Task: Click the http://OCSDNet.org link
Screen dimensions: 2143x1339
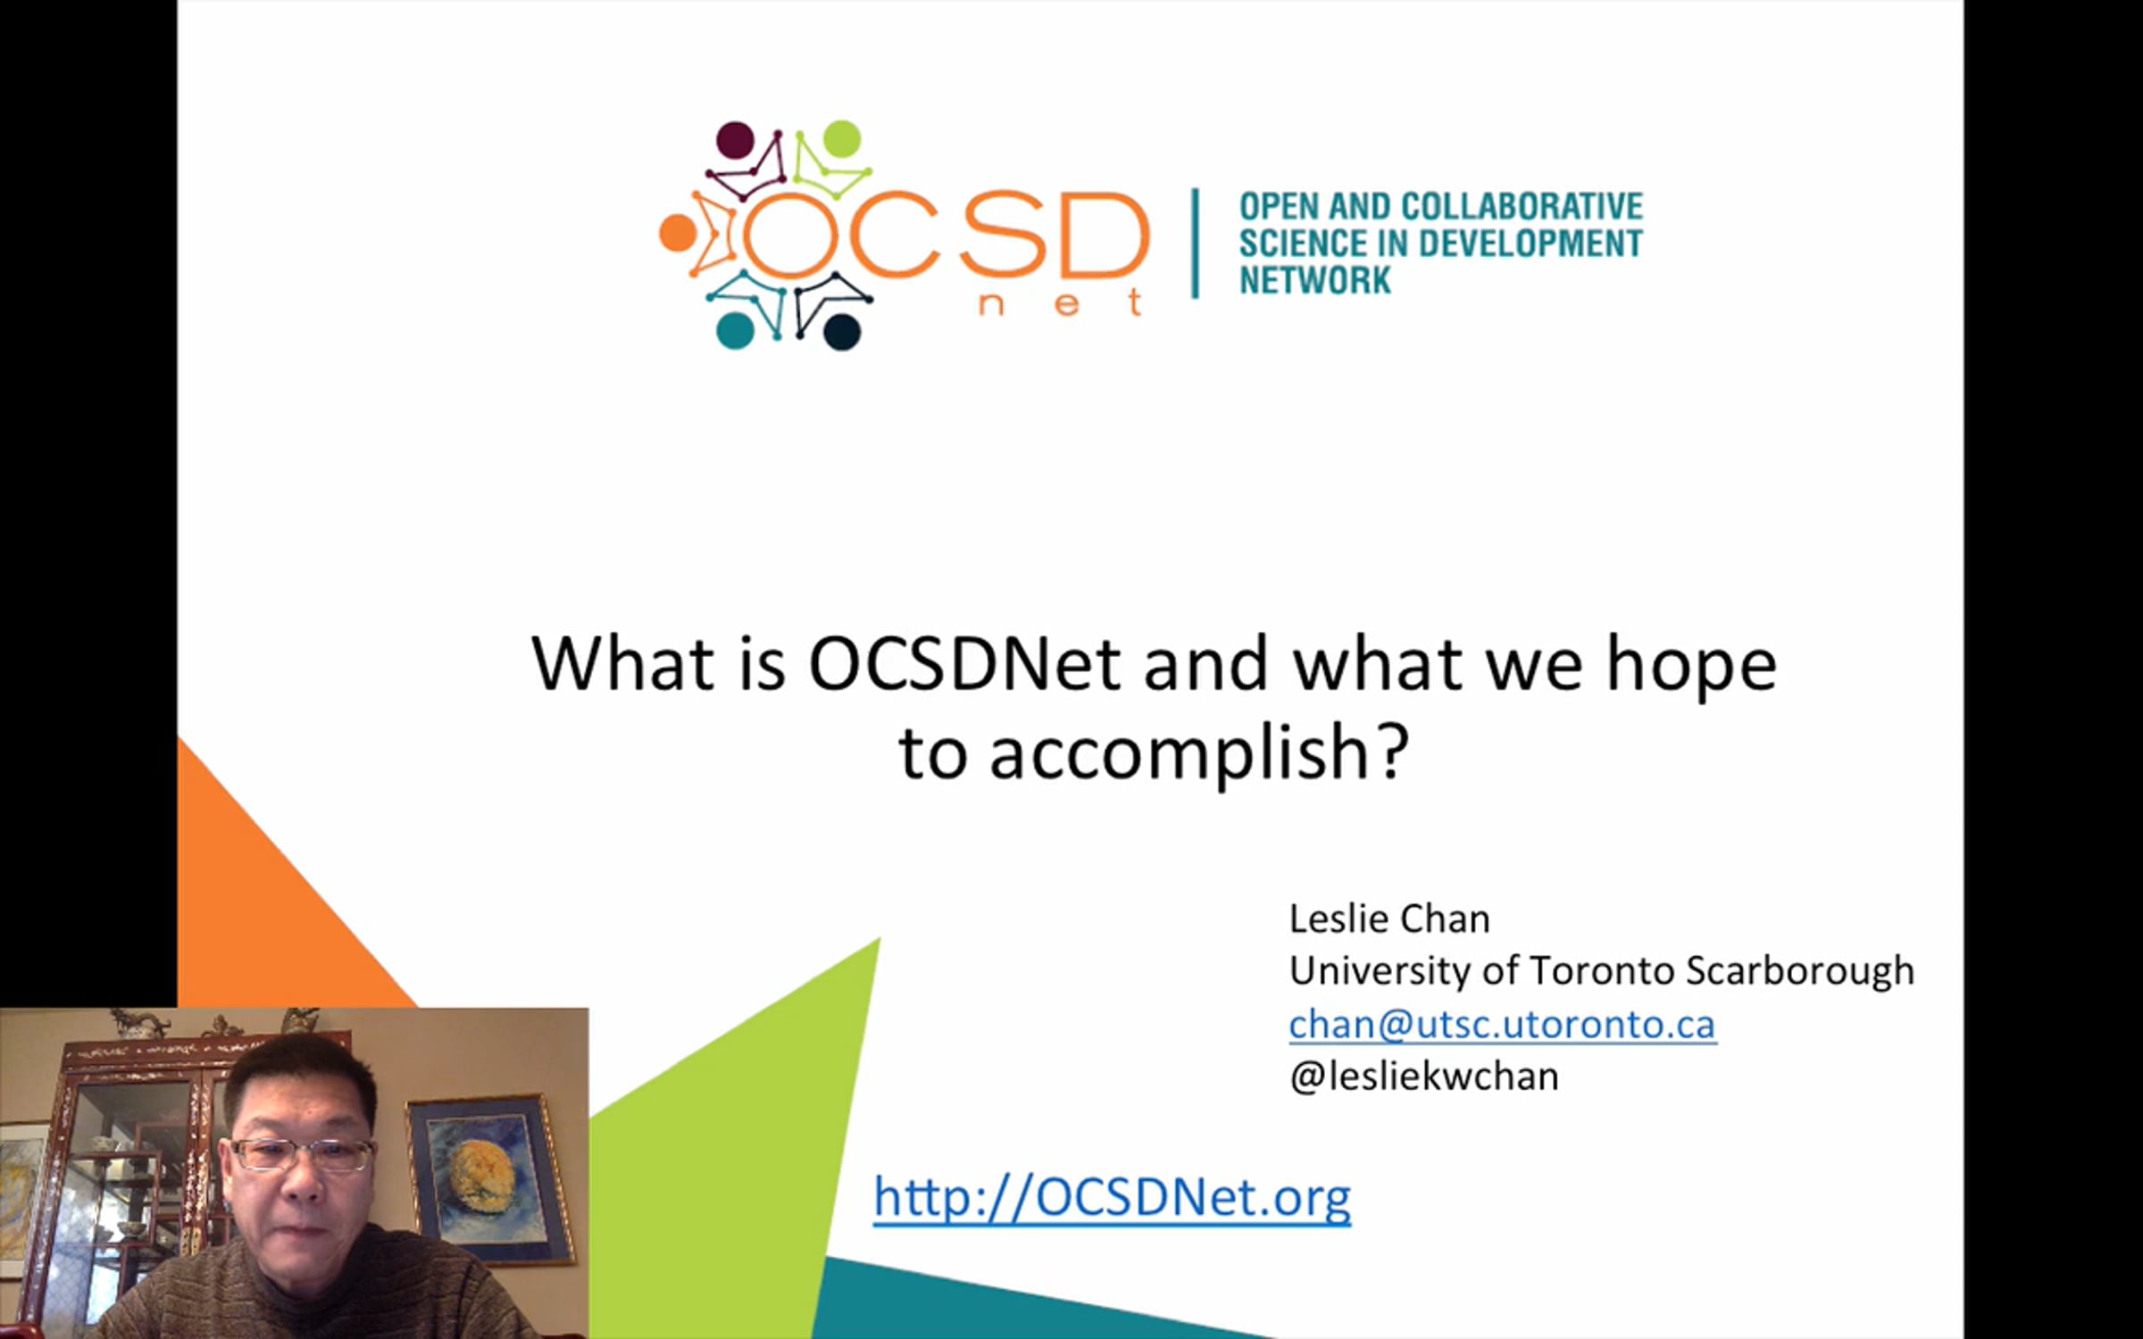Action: point(1112,1197)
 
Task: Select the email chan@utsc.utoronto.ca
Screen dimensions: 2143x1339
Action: point(1502,1024)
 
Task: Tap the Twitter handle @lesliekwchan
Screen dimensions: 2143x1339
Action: point(1424,1077)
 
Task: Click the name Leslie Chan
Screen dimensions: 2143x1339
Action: point(1389,919)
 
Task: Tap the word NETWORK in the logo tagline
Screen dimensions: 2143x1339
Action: point(1314,280)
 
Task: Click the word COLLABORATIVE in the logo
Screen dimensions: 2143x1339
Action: point(1522,206)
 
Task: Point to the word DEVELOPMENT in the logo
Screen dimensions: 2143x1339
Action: point(1530,243)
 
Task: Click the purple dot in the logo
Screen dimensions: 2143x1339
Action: point(735,140)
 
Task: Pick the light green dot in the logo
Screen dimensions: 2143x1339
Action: point(841,139)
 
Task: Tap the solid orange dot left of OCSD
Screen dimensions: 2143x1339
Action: point(678,233)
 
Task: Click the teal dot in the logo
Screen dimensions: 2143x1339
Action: point(735,330)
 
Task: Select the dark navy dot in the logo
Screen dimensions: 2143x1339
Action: point(841,331)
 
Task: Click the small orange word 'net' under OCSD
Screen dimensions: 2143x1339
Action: point(1060,303)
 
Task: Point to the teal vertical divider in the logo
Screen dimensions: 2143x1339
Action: point(1195,243)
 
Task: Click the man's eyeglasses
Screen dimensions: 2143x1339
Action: point(302,1154)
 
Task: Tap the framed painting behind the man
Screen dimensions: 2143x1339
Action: point(489,1178)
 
